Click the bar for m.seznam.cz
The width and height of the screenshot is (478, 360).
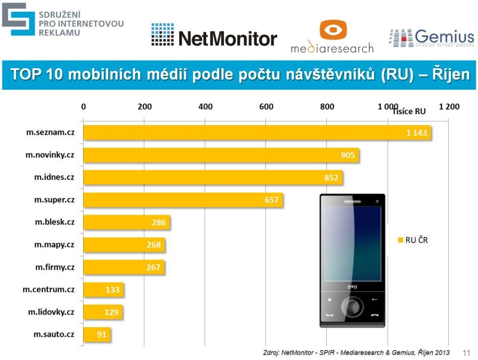pyautogui.click(x=257, y=133)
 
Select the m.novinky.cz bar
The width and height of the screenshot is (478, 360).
pyautogui.click(x=221, y=155)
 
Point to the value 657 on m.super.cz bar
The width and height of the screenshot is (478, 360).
pyautogui.click(x=272, y=200)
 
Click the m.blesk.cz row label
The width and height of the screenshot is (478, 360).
pyautogui.click(x=54, y=222)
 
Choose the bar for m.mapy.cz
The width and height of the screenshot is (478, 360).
pyautogui.click(x=124, y=245)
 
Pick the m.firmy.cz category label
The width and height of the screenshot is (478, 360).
pyautogui.click(x=54, y=267)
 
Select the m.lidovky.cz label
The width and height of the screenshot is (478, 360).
pyautogui.click(x=51, y=312)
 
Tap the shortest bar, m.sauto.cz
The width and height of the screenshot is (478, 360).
pyautogui.click(x=97, y=334)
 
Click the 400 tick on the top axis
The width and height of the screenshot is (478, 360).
pyautogui.click(x=206, y=106)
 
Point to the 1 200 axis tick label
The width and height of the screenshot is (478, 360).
pyautogui.click(x=449, y=106)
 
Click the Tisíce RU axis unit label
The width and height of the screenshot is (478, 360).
pyautogui.click(x=409, y=111)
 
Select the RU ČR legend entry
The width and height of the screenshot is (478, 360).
pyautogui.click(x=412, y=240)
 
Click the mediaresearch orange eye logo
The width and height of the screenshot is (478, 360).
pyautogui.click(x=332, y=30)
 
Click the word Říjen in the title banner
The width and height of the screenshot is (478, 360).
pyautogui.click(x=445, y=75)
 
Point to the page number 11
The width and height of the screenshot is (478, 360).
pyautogui.click(x=467, y=353)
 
